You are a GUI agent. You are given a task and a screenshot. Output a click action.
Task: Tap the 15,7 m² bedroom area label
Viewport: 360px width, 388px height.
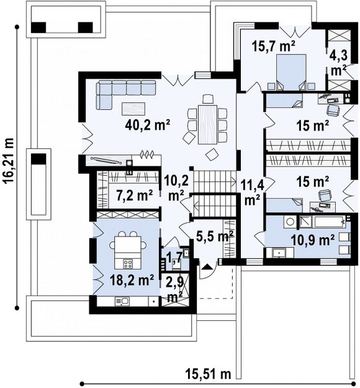273,46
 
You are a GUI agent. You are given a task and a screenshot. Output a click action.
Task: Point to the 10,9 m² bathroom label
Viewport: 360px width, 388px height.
313,239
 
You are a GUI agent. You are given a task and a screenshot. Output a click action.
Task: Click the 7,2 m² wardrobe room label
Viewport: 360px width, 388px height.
134,195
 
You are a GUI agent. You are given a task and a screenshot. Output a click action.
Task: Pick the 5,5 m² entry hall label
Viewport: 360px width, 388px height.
215,237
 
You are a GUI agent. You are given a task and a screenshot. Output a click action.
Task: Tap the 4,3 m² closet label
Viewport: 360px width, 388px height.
338,63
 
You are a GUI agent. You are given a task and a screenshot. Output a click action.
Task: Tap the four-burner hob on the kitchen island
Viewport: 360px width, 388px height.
128,264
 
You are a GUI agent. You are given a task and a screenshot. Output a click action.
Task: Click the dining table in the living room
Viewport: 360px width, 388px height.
207,125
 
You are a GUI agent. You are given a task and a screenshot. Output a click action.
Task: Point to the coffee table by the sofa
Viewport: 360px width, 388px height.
133,109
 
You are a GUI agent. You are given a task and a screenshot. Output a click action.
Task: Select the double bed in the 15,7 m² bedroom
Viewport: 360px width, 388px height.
291,72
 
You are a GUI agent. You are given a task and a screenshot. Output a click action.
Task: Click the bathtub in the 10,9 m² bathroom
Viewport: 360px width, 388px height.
322,222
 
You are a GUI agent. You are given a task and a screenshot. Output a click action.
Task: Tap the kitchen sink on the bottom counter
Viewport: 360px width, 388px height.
122,301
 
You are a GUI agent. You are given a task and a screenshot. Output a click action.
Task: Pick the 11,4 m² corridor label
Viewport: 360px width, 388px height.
253,192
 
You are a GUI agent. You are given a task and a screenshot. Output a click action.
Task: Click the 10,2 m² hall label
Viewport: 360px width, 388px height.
176,188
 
